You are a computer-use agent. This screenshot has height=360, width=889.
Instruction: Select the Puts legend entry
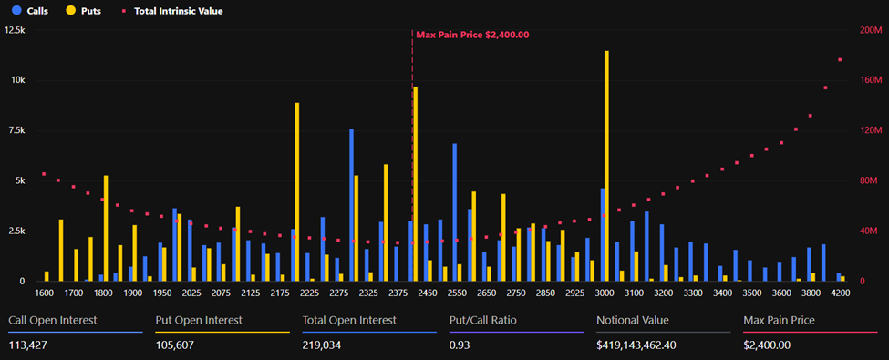(x=84, y=11)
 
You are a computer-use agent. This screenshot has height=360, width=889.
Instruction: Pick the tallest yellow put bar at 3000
(x=606, y=164)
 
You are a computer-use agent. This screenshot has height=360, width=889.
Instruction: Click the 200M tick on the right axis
(x=871, y=30)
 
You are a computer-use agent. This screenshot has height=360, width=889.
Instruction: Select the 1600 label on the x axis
(x=44, y=293)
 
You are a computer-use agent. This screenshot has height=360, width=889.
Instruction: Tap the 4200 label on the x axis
(x=841, y=293)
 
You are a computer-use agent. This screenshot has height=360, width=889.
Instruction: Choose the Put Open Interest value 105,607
(x=178, y=345)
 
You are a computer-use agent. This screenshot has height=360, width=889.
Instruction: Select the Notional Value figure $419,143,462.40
(x=648, y=345)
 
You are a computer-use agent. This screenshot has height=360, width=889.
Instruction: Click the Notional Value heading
(x=632, y=320)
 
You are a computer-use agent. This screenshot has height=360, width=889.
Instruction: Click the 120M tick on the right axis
(x=871, y=130)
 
